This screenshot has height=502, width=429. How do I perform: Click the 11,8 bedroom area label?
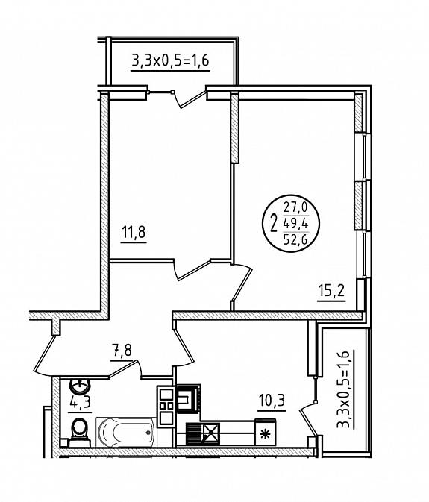tap(134, 232)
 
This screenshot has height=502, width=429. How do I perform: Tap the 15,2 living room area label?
tap(331, 291)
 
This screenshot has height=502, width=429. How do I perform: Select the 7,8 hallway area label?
tap(122, 351)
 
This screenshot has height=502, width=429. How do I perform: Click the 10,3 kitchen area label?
tap(272, 401)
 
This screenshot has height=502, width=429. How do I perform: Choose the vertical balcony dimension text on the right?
tap(343, 389)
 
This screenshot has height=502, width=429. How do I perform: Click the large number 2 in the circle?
tap(274, 223)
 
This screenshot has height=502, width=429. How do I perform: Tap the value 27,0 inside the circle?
tap(295, 208)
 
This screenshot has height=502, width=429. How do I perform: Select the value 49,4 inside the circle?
tap(295, 223)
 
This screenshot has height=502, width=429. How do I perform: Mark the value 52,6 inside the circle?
tap(295, 239)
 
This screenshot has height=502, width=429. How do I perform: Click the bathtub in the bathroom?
tap(126, 431)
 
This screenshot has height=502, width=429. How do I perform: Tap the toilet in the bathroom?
tap(79, 432)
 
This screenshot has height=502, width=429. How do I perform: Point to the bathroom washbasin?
tap(80, 386)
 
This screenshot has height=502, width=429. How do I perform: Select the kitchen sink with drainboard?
tap(203, 434)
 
